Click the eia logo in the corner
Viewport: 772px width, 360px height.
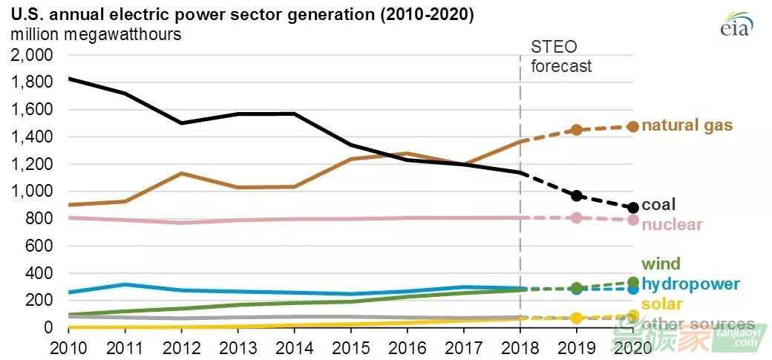[736, 24]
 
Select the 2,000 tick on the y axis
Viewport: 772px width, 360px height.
[32, 55]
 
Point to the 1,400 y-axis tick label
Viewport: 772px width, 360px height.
[32, 137]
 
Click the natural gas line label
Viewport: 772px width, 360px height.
[687, 125]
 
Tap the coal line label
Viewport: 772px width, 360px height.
[659, 205]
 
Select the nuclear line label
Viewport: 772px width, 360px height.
[672, 224]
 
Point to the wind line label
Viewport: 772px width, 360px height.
[661, 264]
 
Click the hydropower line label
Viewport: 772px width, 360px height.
[690, 284]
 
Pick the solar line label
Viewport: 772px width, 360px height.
[662, 304]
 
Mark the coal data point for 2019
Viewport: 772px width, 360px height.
[576, 196]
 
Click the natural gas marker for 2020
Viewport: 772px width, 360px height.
[632, 127]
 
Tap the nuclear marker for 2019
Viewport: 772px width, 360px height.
[576, 217]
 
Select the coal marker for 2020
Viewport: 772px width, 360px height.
[632, 208]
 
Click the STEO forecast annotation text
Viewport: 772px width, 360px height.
[561, 56]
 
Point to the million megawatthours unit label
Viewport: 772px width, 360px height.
[96, 33]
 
